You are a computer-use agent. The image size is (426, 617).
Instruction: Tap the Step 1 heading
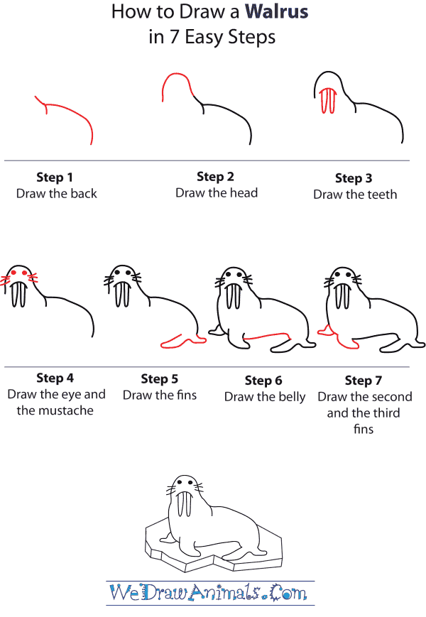(x=55, y=178)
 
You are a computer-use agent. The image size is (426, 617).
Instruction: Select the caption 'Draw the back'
(x=56, y=193)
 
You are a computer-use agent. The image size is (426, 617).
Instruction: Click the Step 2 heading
(x=215, y=177)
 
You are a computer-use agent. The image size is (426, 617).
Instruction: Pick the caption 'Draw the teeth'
(x=355, y=194)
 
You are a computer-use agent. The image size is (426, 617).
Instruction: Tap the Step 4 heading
(x=55, y=378)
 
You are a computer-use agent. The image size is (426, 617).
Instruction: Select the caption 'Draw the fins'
(x=160, y=395)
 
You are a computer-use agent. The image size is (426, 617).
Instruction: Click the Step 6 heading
(x=263, y=381)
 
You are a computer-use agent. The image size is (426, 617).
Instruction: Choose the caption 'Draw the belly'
(x=265, y=397)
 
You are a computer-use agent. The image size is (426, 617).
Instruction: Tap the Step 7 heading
(x=363, y=381)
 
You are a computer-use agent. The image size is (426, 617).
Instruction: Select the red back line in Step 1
(x=71, y=114)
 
